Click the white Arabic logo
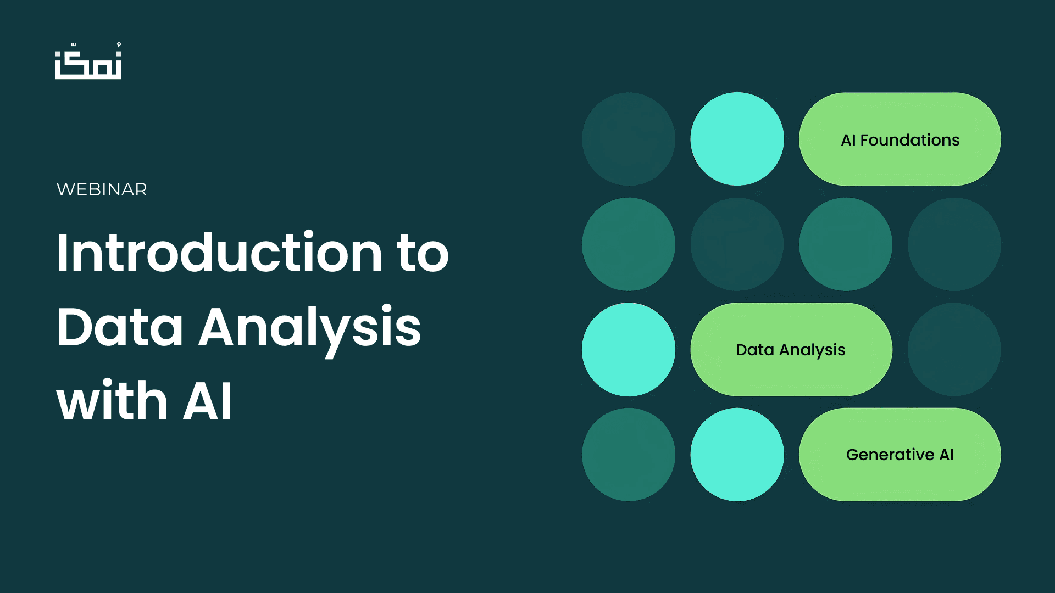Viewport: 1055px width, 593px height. (88, 61)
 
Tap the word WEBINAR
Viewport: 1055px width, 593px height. (102, 189)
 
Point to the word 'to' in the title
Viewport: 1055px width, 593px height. (423, 254)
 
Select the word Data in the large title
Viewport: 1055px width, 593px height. (119, 327)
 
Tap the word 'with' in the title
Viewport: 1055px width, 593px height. (112, 401)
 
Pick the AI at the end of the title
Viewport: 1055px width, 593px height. (208, 401)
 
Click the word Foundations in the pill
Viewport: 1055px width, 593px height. (909, 140)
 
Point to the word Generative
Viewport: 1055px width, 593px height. (890, 455)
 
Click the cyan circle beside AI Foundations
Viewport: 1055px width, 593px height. (737, 139)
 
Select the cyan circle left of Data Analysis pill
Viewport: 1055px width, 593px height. (629, 349)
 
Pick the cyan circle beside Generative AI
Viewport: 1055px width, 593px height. (737, 455)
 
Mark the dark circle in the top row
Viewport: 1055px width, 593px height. (629, 139)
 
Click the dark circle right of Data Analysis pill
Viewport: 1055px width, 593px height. (954, 349)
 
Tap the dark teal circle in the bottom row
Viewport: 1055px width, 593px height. (629, 455)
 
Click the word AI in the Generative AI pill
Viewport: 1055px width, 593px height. (946, 455)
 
